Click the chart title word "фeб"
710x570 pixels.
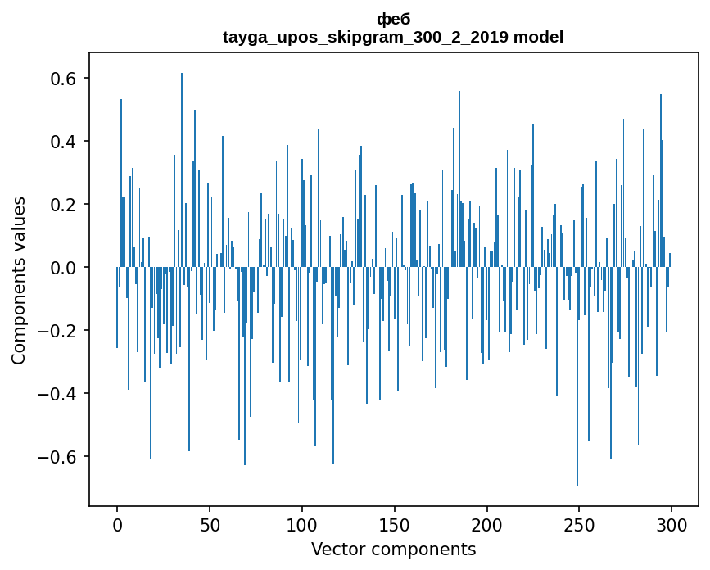point(393,20)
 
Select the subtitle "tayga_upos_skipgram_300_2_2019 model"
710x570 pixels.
point(393,37)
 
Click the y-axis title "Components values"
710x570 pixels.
point(19,280)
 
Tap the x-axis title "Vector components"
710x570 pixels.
point(393,549)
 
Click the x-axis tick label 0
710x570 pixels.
point(117,524)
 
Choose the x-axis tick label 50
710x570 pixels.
point(210,524)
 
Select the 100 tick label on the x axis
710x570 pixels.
point(302,524)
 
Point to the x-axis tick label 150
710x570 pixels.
point(395,524)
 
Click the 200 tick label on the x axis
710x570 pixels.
point(487,524)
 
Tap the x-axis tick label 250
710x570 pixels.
point(580,524)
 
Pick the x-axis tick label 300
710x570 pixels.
point(672,524)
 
